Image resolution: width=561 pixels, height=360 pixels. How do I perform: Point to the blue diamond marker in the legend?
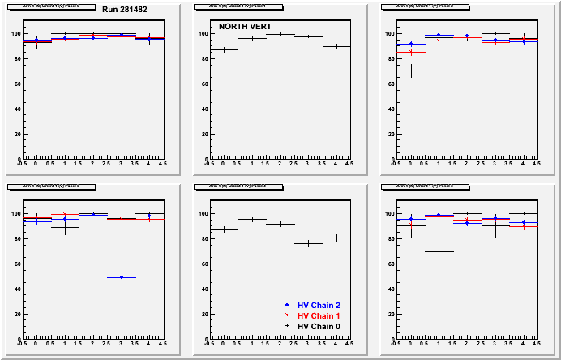coord(287,305)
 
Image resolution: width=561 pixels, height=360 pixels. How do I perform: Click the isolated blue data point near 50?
coord(122,277)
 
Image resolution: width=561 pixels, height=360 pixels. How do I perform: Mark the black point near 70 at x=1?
coord(439,251)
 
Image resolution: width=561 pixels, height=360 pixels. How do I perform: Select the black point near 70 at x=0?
coord(411,71)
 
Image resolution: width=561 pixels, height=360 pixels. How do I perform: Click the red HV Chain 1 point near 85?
coord(411,52)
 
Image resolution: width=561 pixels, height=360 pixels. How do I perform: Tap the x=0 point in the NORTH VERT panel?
coord(224,49)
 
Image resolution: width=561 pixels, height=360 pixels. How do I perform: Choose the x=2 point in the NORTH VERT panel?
coord(280,34)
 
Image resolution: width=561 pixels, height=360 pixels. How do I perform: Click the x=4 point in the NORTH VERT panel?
coord(336,46)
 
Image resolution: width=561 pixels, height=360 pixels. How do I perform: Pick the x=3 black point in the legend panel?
coord(308,243)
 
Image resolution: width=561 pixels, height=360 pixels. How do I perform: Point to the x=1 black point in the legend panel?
coord(252,219)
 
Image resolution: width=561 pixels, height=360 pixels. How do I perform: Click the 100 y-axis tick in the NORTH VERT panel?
coord(203,34)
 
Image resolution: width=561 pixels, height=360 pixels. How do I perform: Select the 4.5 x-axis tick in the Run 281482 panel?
coord(162,164)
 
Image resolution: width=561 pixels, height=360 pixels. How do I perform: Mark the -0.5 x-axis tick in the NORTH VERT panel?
coord(210,164)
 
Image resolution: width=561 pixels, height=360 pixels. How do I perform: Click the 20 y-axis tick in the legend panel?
coord(203,315)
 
